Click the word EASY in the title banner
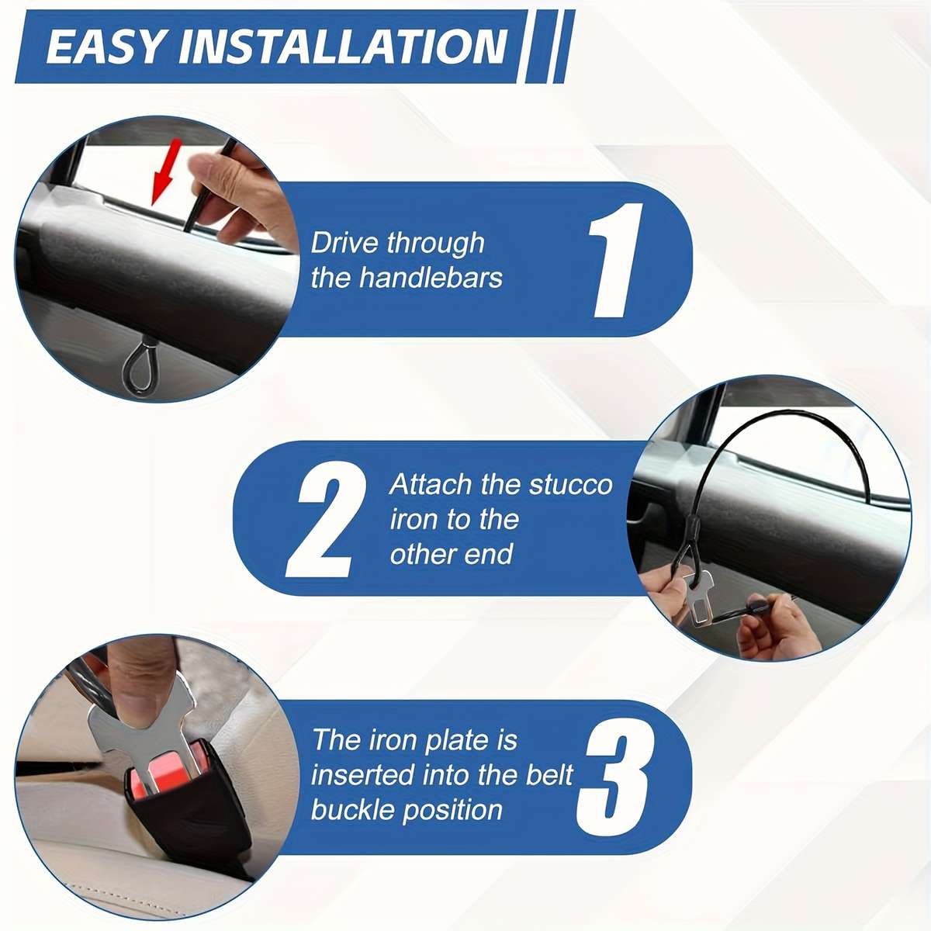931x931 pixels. pyautogui.click(x=106, y=47)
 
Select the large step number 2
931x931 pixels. pyautogui.click(x=326, y=518)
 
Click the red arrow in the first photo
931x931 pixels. pyautogui.click(x=164, y=171)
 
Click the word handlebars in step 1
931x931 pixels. pyautogui.click(x=431, y=279)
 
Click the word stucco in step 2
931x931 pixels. pyautogui.click(x=570, y=485)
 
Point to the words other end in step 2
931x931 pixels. pyautogui.click(x=452, y=554)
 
